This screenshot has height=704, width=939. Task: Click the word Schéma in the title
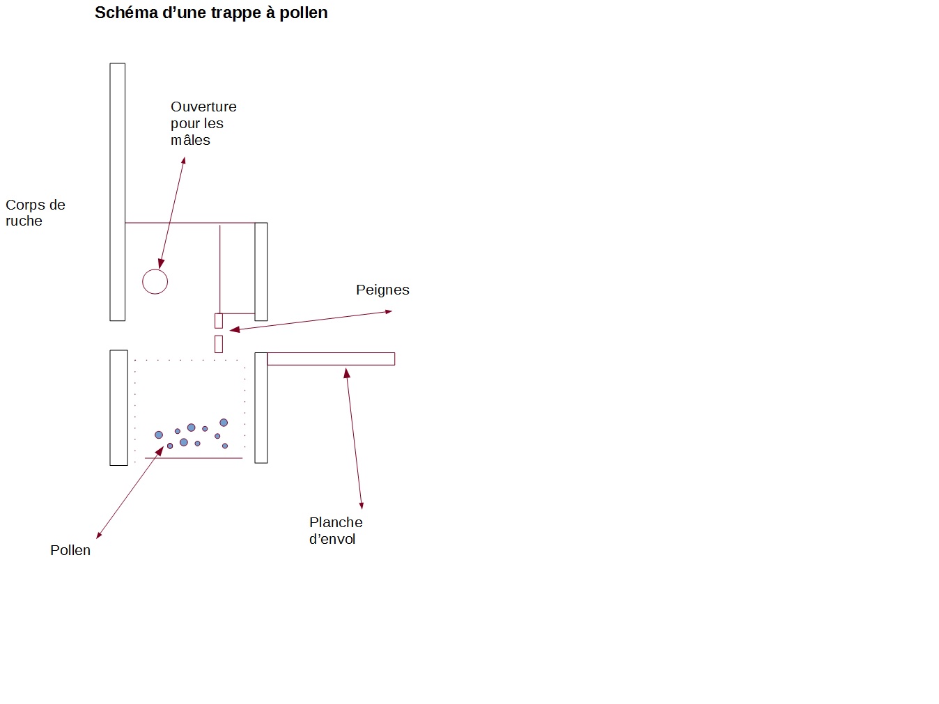[126, 13]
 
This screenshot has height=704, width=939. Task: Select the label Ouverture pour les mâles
[203, 123]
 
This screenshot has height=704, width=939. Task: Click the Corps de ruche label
[35, 212]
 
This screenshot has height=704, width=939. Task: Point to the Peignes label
[382, 290]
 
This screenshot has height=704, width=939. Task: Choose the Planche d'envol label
[336, 530]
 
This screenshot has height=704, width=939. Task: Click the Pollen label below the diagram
[70, 550]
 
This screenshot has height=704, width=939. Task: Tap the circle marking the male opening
[155, 269]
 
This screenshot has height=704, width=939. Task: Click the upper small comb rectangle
[219, 320]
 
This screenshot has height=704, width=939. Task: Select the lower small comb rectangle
[219, 344]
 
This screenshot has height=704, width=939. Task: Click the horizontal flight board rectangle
[331, 359]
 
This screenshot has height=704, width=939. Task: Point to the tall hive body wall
[117, 192]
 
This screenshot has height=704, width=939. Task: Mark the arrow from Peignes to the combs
[311, 320]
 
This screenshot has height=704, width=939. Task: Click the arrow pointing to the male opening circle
[171, 213]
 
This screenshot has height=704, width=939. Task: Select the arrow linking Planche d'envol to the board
[354, 439]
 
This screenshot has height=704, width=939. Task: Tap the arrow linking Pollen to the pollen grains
[130, 492]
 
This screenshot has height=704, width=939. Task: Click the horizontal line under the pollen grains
[194, 458]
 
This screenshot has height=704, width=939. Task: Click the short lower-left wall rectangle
[118, 408]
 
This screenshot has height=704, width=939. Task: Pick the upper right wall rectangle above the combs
[261, 272]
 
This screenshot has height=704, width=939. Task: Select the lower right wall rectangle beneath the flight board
[261, 408]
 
